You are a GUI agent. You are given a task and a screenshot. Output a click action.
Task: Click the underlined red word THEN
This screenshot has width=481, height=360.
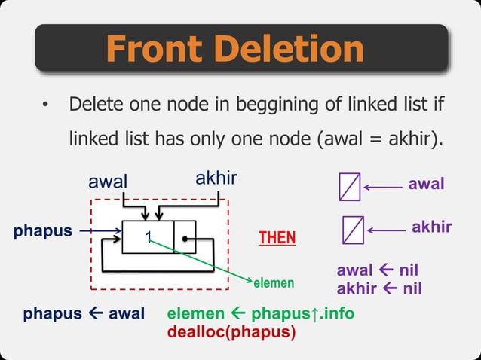point(277,238)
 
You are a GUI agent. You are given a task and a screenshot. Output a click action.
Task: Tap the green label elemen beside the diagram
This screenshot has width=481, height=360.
point(271,283)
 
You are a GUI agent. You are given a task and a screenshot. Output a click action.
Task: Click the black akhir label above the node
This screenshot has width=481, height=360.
point(216,178)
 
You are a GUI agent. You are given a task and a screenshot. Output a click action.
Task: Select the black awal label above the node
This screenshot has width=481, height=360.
point(109,182)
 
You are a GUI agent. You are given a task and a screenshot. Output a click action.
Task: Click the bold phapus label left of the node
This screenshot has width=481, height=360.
point(42,231)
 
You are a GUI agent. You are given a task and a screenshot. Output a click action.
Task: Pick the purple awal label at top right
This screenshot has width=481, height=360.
point(426,183)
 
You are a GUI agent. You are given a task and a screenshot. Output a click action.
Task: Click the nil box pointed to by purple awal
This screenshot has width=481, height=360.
point(349,186)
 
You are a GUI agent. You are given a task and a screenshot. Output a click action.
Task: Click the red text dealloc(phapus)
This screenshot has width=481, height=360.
point(231,329)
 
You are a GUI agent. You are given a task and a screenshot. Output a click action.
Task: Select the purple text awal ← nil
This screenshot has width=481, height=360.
point(377,270)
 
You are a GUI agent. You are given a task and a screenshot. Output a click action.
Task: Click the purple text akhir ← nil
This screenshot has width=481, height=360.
point(378,288)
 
